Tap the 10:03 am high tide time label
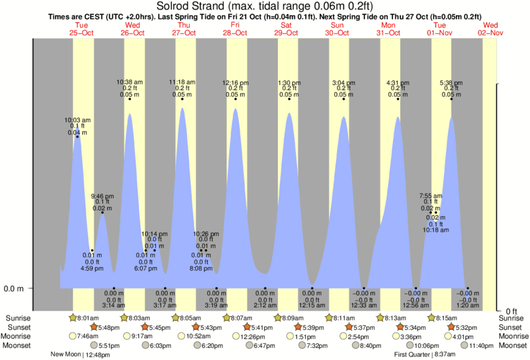78,120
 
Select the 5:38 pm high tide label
452,83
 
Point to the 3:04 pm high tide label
344,83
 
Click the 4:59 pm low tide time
92,268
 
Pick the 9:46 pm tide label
102,196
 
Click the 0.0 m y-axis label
14,289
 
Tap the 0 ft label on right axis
510,311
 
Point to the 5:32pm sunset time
466,327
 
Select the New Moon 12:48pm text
80,355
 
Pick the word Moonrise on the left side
19,337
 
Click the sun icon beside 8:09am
278,318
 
